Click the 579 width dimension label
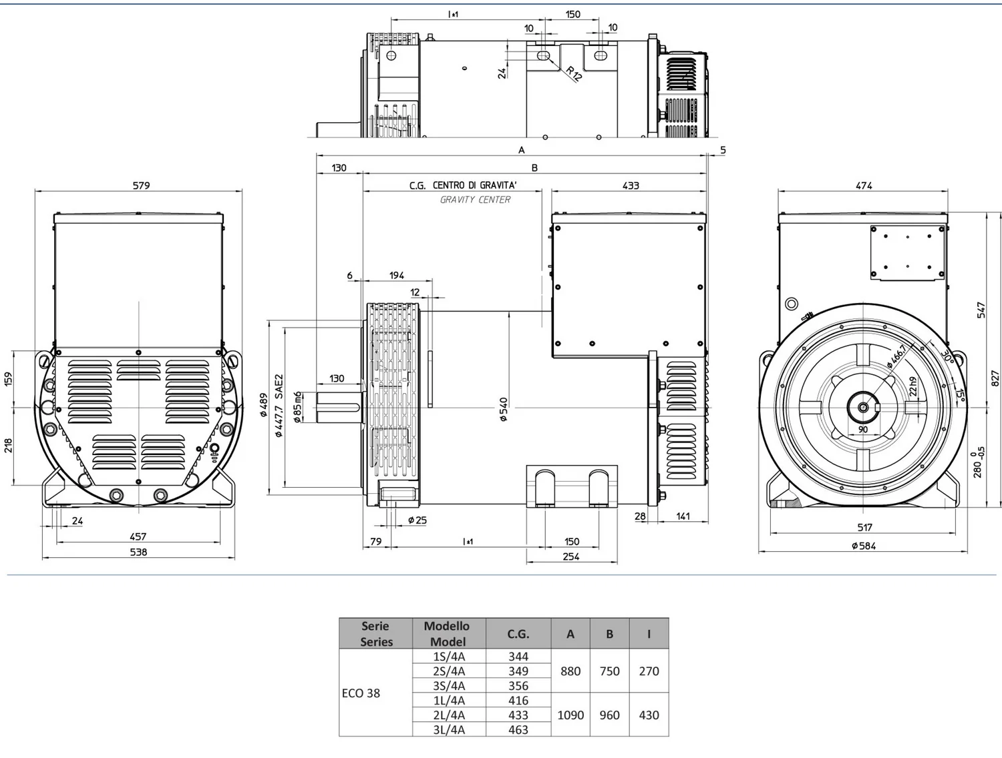[141, 185]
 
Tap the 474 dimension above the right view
[864, 185]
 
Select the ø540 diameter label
[503, 409]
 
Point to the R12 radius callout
[574, 73]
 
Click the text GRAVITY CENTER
[475, 200]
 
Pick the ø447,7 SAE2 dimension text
[279, 405]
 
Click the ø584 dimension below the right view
[863, 546]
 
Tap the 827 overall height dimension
[995, 379]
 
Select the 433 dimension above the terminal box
[631, 185]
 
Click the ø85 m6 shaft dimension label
[298, 407]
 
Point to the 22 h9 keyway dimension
[912, 386]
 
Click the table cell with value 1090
[570, 715]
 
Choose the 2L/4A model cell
[449, 715]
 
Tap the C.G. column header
[518, 634]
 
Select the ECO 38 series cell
[361, 693]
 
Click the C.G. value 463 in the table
[518, 729]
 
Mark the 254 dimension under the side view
[571, 556]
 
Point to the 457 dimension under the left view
[138, 536]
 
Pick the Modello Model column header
[447, 634]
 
